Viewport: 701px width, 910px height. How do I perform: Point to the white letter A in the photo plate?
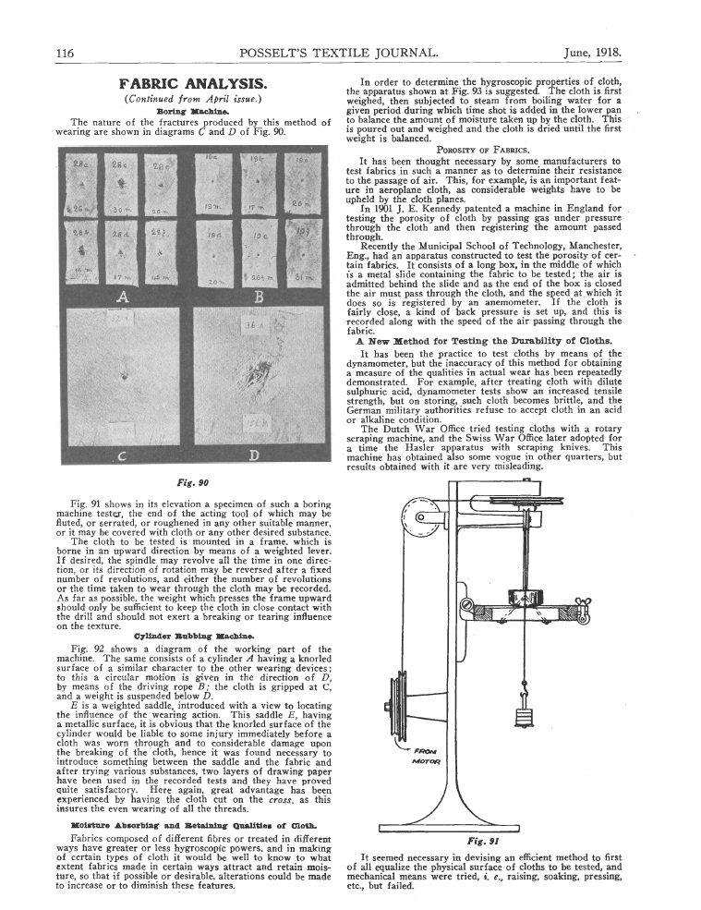122,297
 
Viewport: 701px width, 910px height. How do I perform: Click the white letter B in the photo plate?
259,297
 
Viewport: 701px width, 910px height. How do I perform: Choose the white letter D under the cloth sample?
254,454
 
